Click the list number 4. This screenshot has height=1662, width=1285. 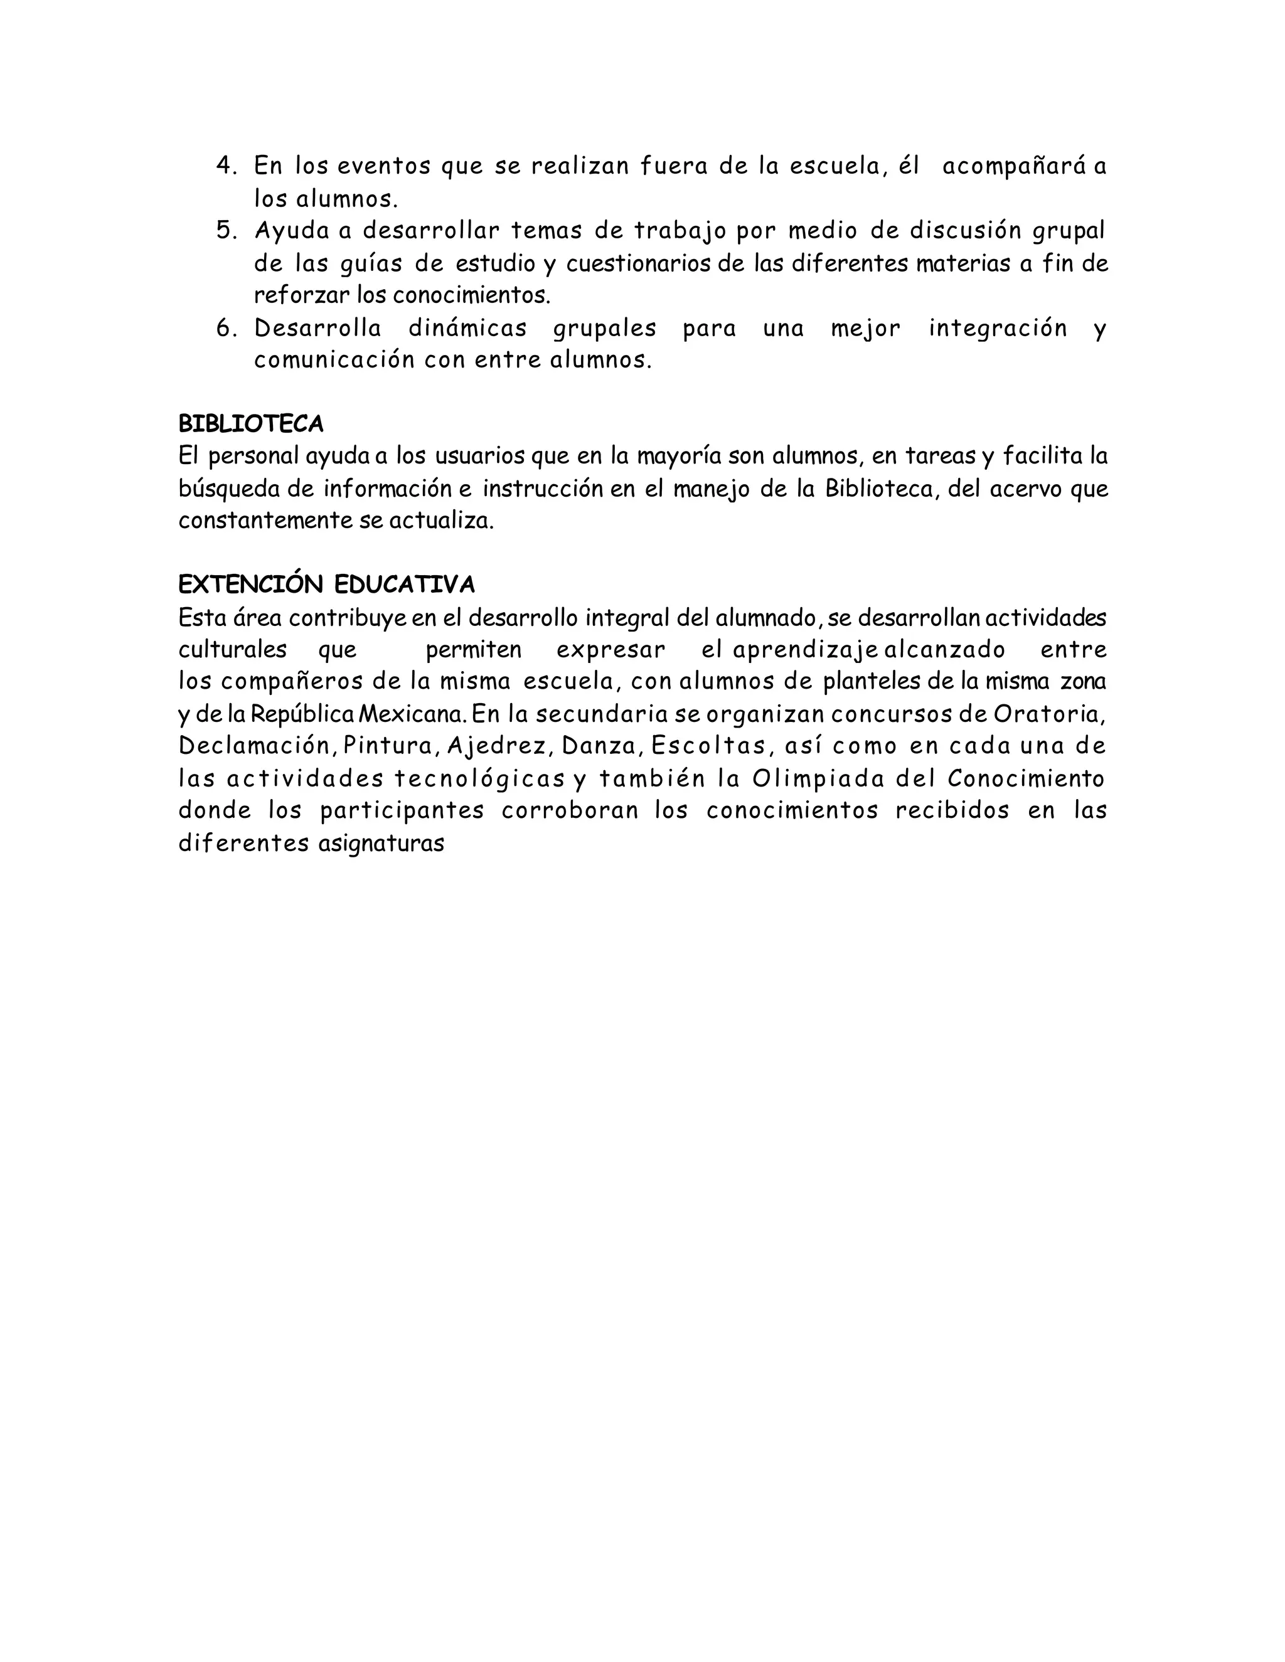[x=226, y=166]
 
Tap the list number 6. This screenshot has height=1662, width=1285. [x=226, y=329]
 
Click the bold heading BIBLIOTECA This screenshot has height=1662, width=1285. [x=250, y=423]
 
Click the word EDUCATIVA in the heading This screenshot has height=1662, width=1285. [x=403, y=585]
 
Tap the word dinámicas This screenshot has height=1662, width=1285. [x=467, y=329]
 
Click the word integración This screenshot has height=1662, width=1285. [x=997, y=329]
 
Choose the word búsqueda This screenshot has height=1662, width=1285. [x=229, y=489]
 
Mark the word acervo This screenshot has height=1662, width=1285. [x=1026, y=489]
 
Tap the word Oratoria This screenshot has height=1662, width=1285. [x=1047, y=714]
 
